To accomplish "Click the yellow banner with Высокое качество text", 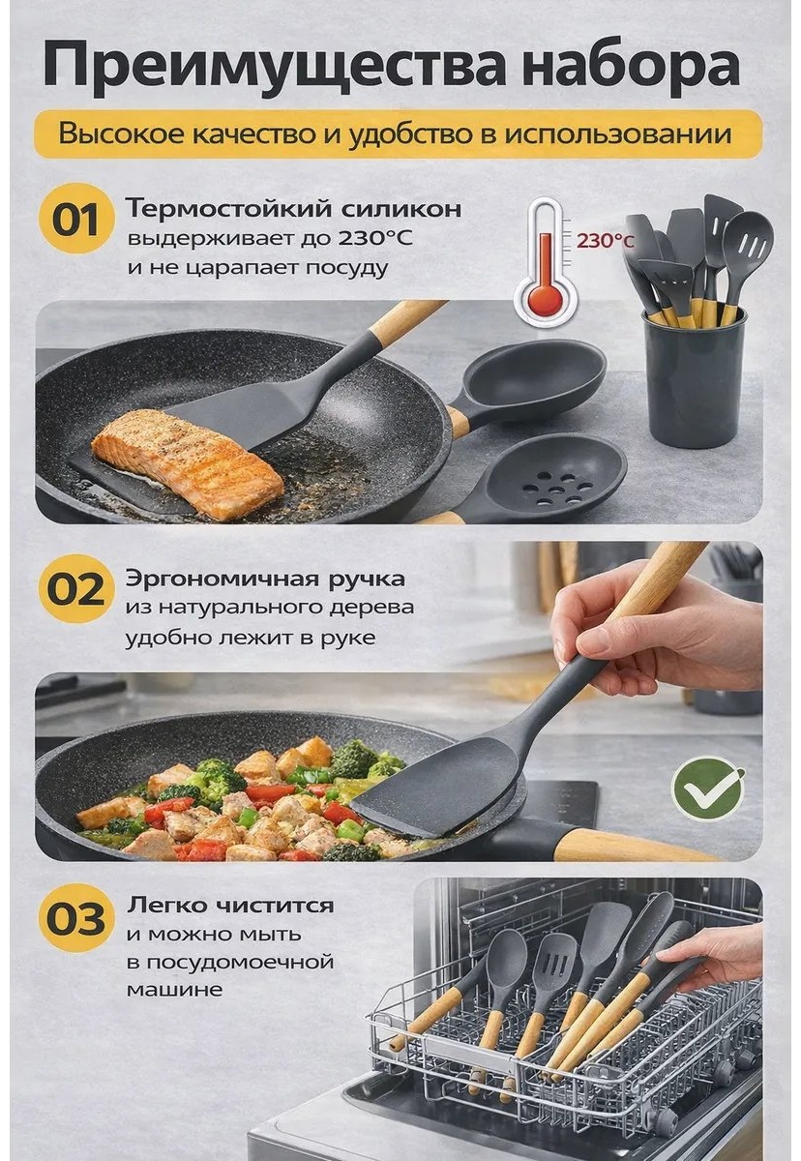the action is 399,134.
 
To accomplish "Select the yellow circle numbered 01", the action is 76,220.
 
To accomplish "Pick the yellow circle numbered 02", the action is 76,589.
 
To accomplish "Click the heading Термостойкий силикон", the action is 294,209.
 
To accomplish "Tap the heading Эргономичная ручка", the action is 265,579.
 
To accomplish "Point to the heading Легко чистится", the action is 230,906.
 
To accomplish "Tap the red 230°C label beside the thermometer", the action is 605,241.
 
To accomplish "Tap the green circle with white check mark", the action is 708,789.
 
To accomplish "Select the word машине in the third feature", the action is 174,990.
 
